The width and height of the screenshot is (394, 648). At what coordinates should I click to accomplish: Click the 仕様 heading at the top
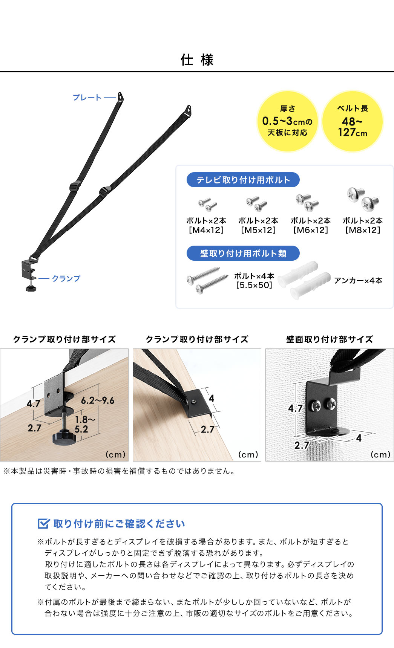click(x=197, y=60)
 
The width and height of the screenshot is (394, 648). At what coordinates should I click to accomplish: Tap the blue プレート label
click(x=87, y=98)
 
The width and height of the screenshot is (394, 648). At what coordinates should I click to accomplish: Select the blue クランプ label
click(x=66, y=278)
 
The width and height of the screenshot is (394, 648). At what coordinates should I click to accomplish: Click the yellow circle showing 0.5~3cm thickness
click(x=287, y=121)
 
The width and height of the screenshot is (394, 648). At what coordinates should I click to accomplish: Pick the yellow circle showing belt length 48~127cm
click(x=353, y=121)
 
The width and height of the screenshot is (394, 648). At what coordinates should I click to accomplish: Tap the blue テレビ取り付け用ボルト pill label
click(x=243, y=180)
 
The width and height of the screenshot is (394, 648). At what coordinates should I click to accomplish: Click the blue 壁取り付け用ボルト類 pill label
click(x=243, y=254)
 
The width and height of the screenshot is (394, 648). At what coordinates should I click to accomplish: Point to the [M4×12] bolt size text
click(x=206, y=230)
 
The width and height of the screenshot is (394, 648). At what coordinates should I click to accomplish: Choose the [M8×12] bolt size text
click(x=363, y=230)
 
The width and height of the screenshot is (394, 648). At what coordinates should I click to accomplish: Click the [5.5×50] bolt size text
click(x=254, y=285)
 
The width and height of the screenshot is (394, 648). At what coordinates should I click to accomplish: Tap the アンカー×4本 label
click(x=358, y=281)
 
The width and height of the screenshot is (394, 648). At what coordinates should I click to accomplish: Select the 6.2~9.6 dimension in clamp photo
click(x=98, y=400)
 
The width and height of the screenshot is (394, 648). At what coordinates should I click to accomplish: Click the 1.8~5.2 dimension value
click(x=83, y=424)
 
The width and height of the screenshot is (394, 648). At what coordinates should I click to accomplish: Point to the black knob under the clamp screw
click(x=63, y=438)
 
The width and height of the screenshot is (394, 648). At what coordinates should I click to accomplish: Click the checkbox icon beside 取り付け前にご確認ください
click(x=44, y=524)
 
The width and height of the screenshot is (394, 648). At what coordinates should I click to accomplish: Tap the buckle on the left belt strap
click(x=75, y=186)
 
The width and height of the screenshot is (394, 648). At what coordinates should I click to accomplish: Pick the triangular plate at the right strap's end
click(x=188, y=110)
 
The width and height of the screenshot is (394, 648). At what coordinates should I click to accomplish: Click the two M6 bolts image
click(x=307, y=202)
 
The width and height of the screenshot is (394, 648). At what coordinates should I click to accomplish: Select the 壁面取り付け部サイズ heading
click(x=329, y=339)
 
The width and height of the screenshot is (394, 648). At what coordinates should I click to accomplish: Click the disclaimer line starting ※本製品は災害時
click(x=120, y=471)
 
